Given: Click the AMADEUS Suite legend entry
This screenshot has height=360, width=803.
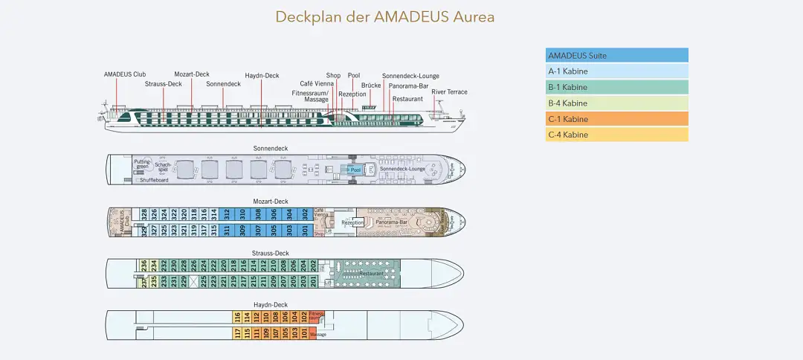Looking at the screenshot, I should coord(616,55).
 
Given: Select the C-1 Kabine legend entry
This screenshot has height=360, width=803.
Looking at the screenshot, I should coord(616,119).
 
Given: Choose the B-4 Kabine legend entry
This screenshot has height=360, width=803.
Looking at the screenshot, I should coord(616,103).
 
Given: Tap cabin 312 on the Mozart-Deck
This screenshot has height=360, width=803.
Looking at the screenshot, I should coord(226,213).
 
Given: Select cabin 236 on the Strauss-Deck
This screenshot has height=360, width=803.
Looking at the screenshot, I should coord(144,265).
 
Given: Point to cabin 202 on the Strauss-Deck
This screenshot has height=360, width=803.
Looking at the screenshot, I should coord(314,265).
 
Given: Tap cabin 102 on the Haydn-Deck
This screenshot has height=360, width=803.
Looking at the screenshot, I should coord(303,316).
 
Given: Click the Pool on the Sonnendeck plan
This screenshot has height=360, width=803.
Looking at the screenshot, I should coord(355,170).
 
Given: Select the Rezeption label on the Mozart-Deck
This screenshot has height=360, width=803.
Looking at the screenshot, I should coord(352,222).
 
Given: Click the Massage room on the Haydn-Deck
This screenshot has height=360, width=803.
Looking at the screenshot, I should coord(318,335).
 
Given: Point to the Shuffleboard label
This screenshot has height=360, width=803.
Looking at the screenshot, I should coord(154,180).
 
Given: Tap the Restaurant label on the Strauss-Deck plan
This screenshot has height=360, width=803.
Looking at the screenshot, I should coord(371,274).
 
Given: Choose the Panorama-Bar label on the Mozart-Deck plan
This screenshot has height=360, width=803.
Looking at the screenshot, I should coord(391,222).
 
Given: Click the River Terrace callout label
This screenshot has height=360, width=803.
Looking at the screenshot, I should coord(450,92).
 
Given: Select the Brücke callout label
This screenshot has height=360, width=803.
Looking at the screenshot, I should coord(371,86).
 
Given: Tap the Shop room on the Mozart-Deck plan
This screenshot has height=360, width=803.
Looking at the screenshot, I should coord(319,234).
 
